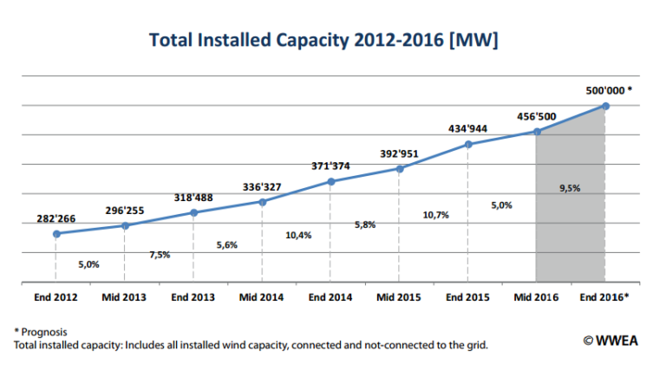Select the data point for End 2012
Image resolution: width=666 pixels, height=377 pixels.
[x=56, y=234]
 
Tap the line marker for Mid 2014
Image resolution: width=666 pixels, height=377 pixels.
[x=263, y=202]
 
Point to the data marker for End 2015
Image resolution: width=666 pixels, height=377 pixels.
[x=468, y=144]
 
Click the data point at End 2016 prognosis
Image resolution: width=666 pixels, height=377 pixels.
[x=605, y=106]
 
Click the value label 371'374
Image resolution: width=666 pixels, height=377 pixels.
[x=330, y=166]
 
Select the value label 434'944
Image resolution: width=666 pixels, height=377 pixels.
[x=467, y=128]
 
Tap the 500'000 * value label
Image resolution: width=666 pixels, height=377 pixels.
[x=607, y=89]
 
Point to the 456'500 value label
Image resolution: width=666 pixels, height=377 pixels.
[x=536, y=115]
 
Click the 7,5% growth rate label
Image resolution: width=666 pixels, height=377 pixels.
[x=160, y=255]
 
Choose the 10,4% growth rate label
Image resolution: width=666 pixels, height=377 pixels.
[x=298, y=235]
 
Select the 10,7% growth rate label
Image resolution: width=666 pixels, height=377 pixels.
[x=435, y=215]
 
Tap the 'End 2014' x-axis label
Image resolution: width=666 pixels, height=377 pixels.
[x=330, y=297]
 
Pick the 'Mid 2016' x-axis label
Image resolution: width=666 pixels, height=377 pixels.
[x=536, y=297]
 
